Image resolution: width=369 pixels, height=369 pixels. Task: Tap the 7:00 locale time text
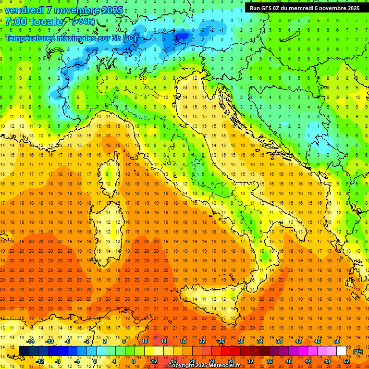coord(34,22)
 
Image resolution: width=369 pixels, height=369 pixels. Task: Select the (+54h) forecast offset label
coord(83,22)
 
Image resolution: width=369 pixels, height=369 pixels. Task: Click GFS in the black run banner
coord(270,8)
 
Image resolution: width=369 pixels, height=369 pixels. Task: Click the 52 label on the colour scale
coord(346,361)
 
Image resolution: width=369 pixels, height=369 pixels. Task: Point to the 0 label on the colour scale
coord(95,361)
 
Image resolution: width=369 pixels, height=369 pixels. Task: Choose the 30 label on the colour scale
coord(240,341)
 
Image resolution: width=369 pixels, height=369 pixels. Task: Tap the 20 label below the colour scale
coord(193,361)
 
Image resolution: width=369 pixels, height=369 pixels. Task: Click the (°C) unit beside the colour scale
coord(358,352)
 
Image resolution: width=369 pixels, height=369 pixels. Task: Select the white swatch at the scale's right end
coord(342,351)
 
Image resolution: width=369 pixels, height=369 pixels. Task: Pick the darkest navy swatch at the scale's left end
coord(24,351)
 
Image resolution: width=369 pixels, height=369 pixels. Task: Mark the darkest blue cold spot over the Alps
coord(182,35)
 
